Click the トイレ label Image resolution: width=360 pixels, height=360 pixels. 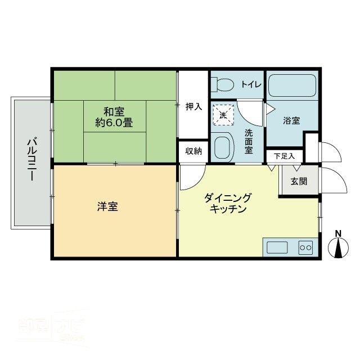pyautogui.click(x=251, y=84)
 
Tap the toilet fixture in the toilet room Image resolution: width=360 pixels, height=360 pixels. pyautogui.click(x=222, y=85)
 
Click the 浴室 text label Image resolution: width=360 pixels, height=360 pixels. pyautogui.click(x=291, y=120)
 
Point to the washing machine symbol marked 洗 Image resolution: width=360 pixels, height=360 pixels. pyautogui.click(x=222, y=115)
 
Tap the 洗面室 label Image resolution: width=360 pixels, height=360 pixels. pyautogui.click(x=249, y=142)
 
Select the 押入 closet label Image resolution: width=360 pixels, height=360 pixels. pyautogui.click(x=194, y=106)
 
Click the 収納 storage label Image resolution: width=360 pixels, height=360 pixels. pyautogui.click(x=194, y=151)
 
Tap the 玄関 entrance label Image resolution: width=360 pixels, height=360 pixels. pyautogui.click(x=299, y=181)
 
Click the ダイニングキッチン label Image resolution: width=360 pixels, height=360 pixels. pyautogui.click(x=228, y=203)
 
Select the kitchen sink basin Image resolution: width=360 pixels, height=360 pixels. pyautogui.click(x=277, y=247)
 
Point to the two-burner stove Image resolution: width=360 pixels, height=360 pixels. pyautogui.click(x=306, y=247)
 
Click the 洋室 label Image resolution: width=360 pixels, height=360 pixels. pyautogui.click(x=107, y=207)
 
